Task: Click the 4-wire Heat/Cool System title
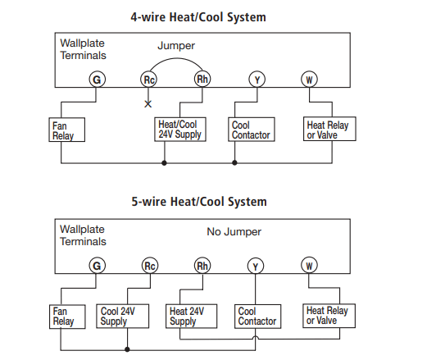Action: (x=198, y=16)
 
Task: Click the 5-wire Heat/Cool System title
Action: (x=198, y=202)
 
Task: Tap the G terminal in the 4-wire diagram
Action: (x=97, y=80)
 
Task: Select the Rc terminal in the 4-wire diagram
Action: (x=148, y=80)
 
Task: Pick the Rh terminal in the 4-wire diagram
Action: (x=202, y=80)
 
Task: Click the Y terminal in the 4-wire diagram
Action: (x=257, y=80)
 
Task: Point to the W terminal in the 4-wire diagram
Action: (x=310, y=80)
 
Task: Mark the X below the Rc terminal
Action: (x=148, y=104)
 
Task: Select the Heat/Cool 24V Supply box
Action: (x=180, y=130)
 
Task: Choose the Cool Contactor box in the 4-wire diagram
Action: (x=252, y=130)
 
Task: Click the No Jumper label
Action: (x=234, y=232)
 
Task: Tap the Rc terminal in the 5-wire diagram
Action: (x=149, y=266)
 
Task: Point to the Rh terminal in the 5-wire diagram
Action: (x=202, y=266)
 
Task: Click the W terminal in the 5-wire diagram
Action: (x=310, y=266)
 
